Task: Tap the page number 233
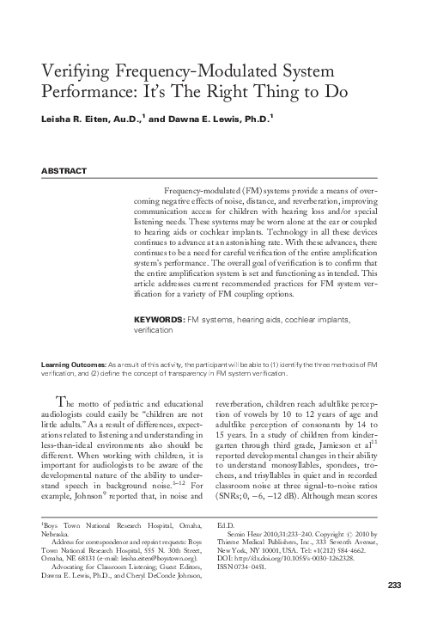394,610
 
